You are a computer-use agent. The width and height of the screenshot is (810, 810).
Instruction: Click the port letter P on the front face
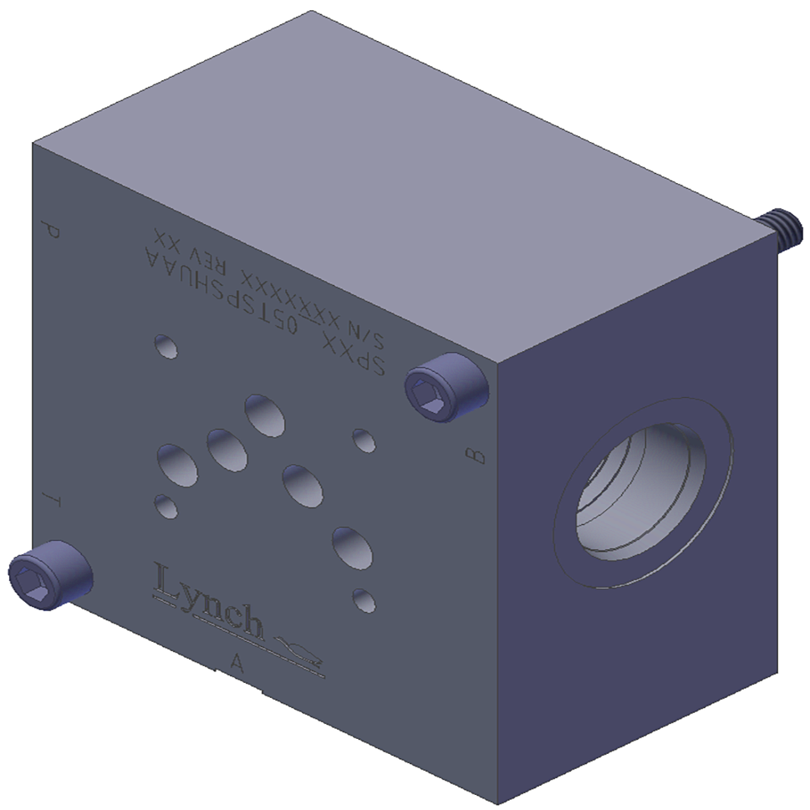click(51, 231)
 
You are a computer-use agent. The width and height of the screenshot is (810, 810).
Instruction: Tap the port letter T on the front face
click(53, 500)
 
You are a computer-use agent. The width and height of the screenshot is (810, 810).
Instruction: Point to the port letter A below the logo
click(237, 664)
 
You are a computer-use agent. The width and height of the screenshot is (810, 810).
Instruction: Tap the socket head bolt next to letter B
click(446, 389)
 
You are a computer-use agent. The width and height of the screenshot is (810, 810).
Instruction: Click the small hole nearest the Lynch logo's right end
click(364, 599)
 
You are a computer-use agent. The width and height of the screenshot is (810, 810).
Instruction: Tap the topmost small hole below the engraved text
click(166, 346)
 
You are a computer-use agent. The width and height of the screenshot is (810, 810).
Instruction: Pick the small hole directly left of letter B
click(364, 440)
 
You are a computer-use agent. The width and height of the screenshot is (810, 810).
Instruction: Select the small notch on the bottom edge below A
click(259, 690)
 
